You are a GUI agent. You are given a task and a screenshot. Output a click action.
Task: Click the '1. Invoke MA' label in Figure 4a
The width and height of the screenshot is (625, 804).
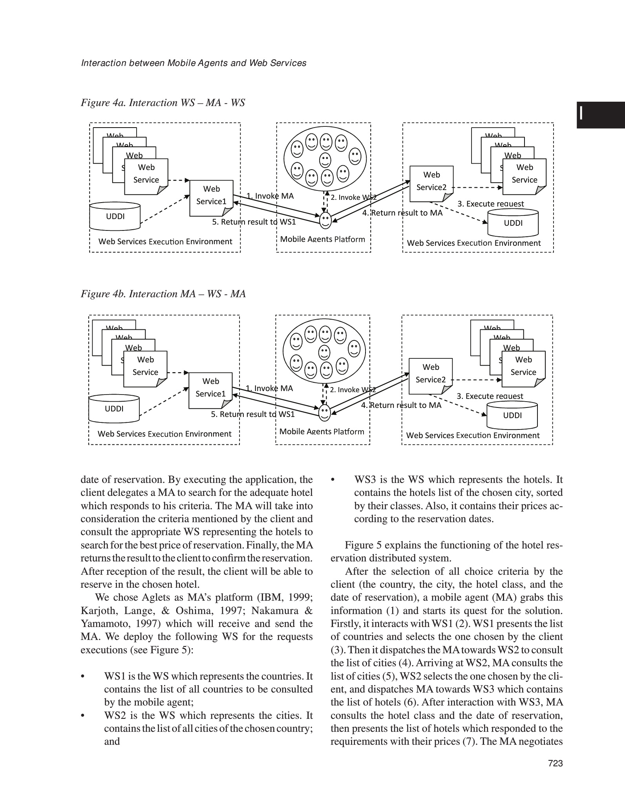(x=270, y=196)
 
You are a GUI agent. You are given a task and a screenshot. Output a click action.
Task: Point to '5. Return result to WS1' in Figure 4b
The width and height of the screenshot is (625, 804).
(x=253, y=414)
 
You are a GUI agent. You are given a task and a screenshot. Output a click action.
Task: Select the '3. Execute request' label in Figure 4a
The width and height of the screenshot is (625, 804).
(x=490, y=204)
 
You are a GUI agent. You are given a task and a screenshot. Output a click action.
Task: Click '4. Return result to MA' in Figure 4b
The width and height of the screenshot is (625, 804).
(x=401, y=405)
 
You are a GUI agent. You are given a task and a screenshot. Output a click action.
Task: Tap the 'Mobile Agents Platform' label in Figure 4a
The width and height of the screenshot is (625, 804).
(x=322, y=239)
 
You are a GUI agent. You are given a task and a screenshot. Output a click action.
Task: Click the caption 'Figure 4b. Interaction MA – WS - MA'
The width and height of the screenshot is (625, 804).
(x=163, y=294)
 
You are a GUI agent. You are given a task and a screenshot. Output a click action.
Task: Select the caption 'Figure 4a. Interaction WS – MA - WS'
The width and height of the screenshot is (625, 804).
(x=163, y=103)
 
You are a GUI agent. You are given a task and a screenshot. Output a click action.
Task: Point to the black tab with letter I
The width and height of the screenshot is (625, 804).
(x=600, y=115)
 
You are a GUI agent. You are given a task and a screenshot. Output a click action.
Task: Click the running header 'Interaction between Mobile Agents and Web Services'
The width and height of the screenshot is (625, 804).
(x=194, y=63)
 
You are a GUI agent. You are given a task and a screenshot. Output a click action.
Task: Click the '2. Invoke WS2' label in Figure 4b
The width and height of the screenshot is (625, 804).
(x=353, y=390)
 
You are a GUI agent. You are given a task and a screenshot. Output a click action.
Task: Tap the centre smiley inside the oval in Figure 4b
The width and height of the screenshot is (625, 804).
(x=324, y=352)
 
